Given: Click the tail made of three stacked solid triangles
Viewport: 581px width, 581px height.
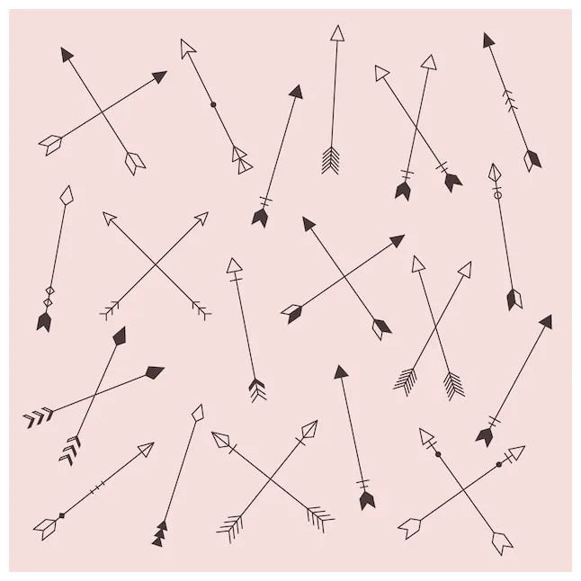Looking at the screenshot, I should [159, 534].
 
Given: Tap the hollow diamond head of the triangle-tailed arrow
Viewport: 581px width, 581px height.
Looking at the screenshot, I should [198, 413].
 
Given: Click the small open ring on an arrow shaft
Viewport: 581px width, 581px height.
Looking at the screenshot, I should [496, 194].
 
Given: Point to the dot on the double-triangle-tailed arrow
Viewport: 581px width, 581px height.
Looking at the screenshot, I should [213, 104].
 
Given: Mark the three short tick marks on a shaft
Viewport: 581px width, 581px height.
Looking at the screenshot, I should [95, 487].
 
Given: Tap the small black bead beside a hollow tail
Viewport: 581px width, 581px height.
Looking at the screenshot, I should [61, 515].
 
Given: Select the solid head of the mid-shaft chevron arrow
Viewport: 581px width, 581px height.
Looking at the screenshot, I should [488, 40].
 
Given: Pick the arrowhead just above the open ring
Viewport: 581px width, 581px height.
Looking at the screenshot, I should [494, 172].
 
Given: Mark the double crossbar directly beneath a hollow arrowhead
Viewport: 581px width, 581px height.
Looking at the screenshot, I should [237, 281].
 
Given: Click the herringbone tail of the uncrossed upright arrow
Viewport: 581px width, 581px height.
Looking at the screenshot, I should [330, 160].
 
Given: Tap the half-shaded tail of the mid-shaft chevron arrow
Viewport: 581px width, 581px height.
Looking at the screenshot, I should [532, 160].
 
